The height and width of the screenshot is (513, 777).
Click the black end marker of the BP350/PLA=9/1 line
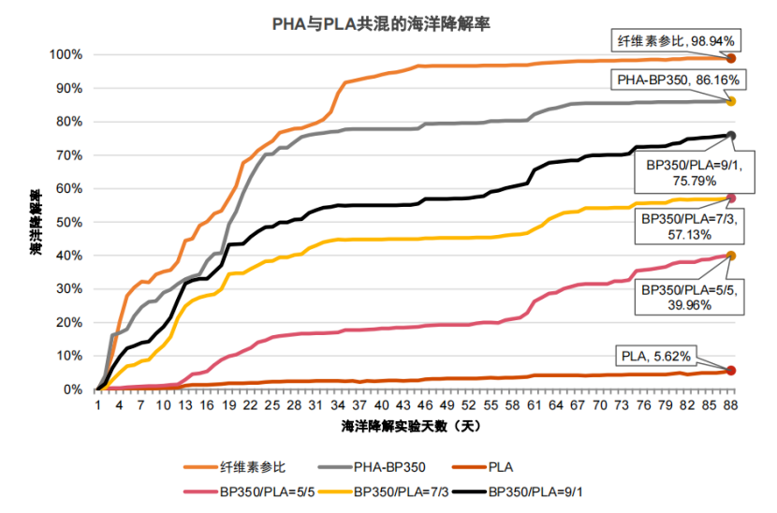pyautogui.click(x=731, y=136)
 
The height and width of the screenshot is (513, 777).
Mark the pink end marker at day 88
pyautogui.click(x=731, y=198)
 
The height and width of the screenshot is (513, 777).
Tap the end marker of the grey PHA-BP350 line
pyautogui.click(x=731, y=101)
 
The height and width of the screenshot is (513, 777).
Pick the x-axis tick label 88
pyautogui.click(x=730, y=405)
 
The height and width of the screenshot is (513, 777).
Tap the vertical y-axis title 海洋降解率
pyautogui.click(x=35, y=223)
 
